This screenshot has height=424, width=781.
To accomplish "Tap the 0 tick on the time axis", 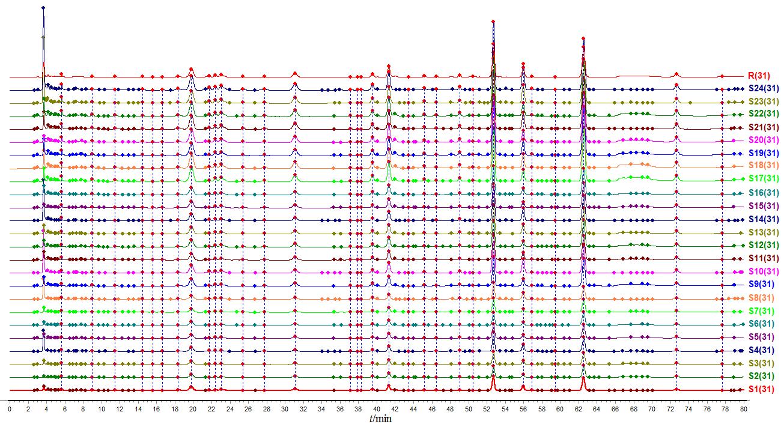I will coord(10,408).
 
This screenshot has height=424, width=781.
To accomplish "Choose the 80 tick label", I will coord(744,408).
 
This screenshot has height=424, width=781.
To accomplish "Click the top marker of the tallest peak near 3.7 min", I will coord(43,8).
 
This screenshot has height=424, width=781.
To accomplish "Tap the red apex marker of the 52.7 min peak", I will coord(493,21).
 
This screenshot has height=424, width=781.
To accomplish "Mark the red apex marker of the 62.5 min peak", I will coord(583,38).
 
